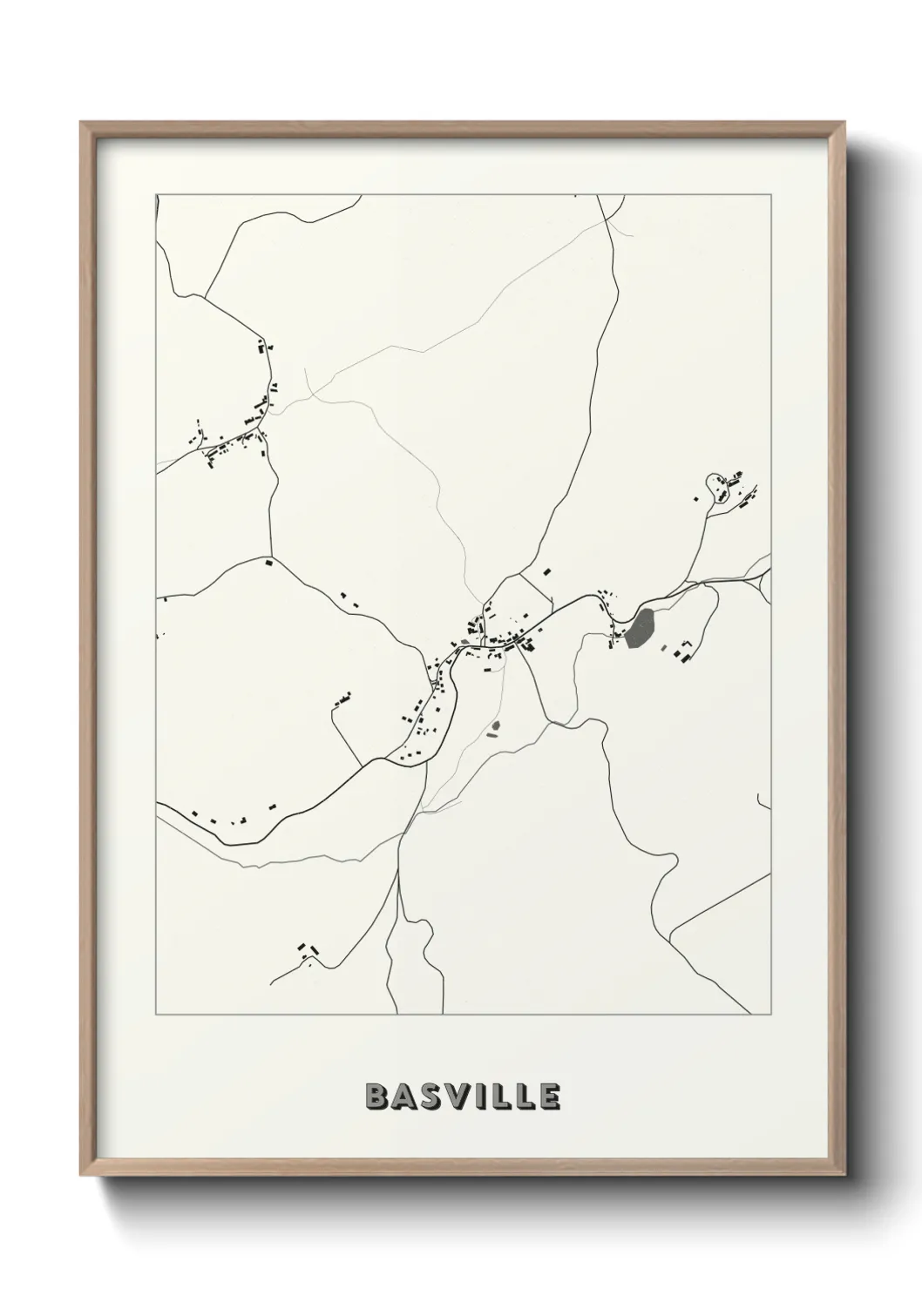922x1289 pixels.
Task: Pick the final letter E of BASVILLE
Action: pyautogui.click(x=549, y=1097)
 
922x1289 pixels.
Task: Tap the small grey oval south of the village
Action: pyautogui.click(x=496, y=725)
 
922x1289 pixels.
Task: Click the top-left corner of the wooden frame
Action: pyautogui.click(x=82, y=123)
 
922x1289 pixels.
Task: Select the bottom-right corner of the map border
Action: pyautogui.click(x=771, y=1015)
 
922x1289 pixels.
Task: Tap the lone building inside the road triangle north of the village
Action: pyautogui.click(x=547, y=572)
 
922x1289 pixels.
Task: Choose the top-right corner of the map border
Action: pyautogui.click(x=771, y=194)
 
